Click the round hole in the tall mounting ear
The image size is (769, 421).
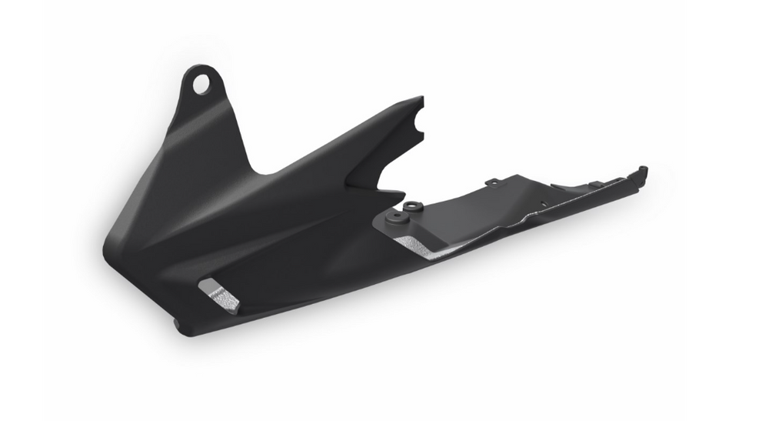(x=201, y=83)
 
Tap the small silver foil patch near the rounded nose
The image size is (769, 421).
(x=218, y=295)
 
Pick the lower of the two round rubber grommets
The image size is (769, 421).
(x=398, y=219)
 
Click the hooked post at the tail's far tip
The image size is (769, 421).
(x=642, y=171)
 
